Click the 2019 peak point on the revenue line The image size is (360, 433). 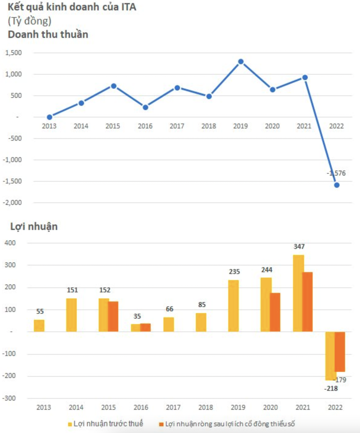(x=241, y=62)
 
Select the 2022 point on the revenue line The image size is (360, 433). (x=336, y=185)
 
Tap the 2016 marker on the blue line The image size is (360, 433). (x=145, y=107)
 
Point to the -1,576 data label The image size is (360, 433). (x=336, y=173)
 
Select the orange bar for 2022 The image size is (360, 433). (x=340, y=352)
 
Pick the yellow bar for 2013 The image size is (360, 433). (x=39, y=326)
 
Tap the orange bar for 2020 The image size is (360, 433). (x=275, y=312)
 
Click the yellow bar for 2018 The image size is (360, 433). (x=201, y=322)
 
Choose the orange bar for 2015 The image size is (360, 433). (x=113, y=316)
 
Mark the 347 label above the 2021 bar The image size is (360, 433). (x=299, y=246)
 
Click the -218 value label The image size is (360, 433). (x=331, y=389)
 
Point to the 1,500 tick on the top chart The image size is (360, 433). (x=14, y=53)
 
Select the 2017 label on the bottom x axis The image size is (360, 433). (x=173, y=407)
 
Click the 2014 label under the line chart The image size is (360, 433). (x=81, y=126)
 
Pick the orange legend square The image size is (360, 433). (x=161, y=424)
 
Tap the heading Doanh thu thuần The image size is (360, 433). (x=48, y=34)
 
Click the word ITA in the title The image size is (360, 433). (x=129, y=7)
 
